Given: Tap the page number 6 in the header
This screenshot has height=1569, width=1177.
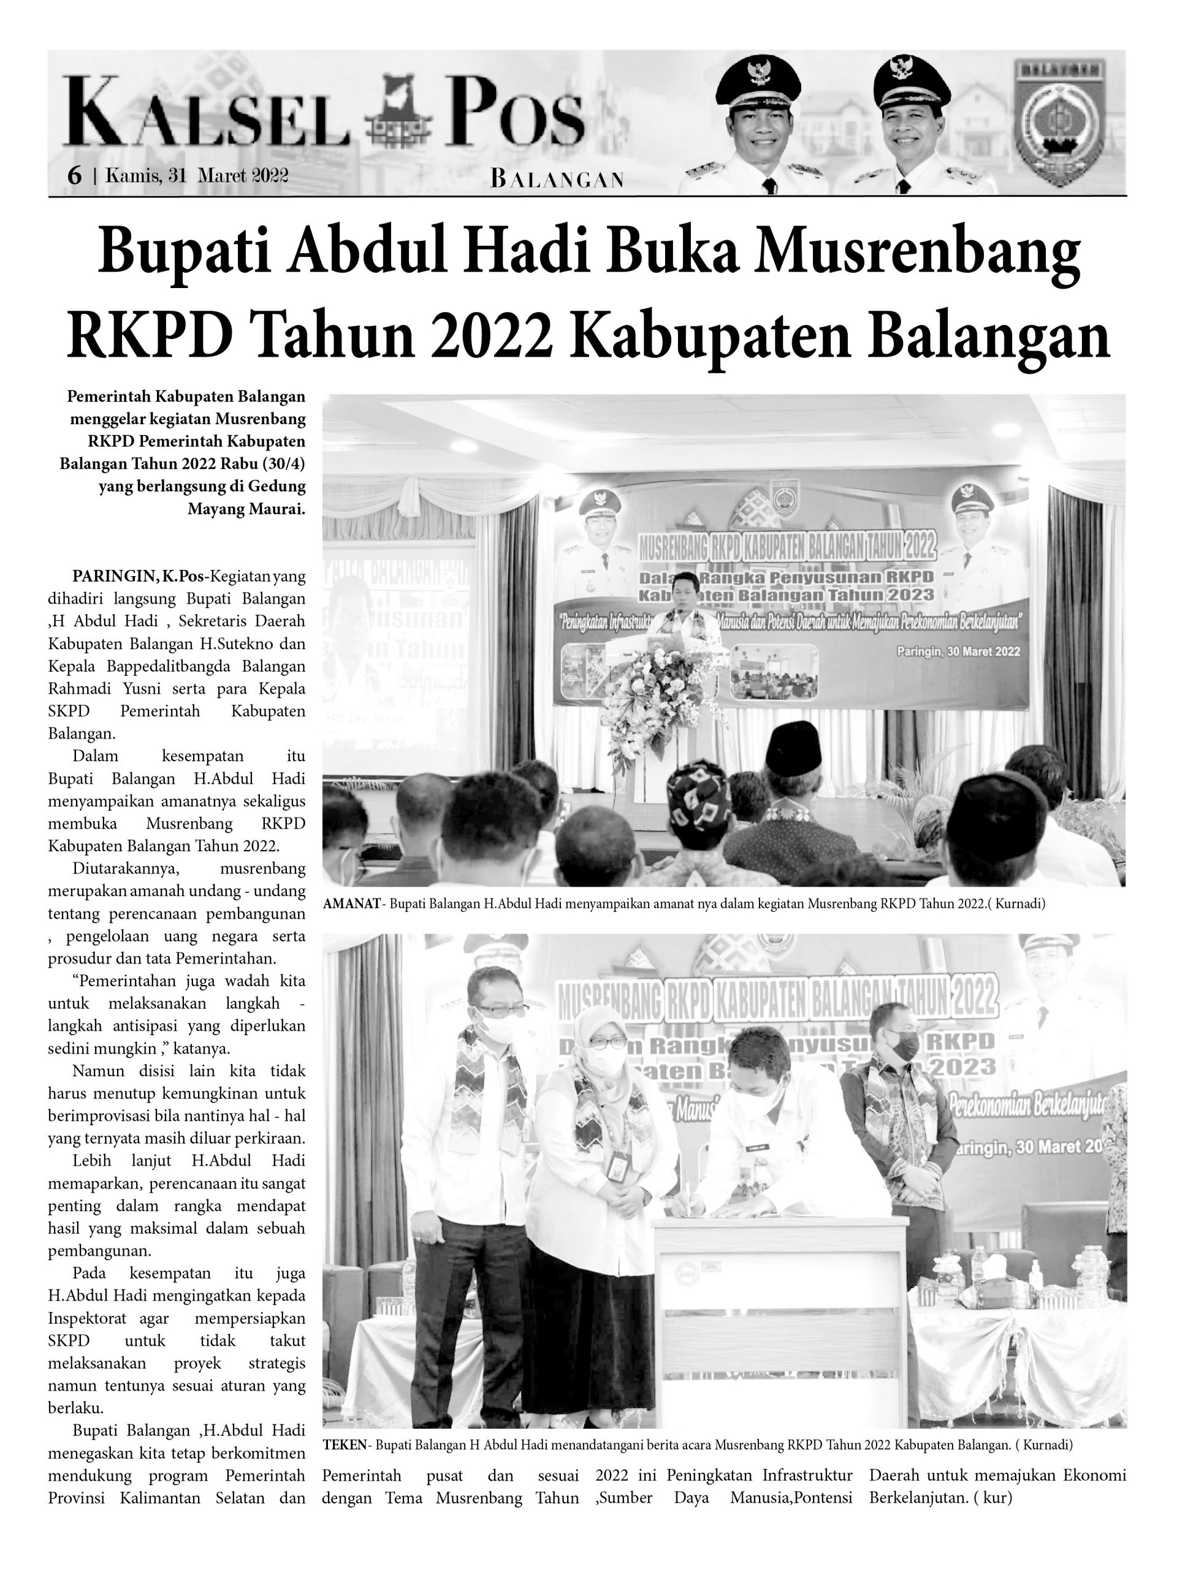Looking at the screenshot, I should [74, 175].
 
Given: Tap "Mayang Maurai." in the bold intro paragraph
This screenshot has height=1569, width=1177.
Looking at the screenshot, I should [246, 509].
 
